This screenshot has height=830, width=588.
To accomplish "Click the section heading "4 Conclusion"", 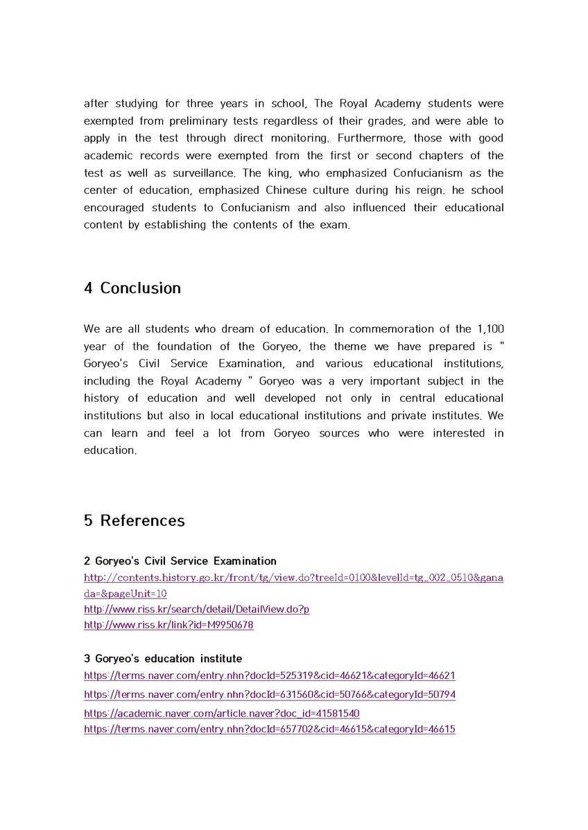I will click(x=132, y=288).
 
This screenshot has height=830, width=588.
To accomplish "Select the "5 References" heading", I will click(x=134, y=520).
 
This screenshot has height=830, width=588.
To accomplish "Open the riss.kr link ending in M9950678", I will click(x=168, y=625).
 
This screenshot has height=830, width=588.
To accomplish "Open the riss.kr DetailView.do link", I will click(x=196, y=610).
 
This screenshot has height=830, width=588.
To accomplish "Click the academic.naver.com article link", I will click(x=221, y=713).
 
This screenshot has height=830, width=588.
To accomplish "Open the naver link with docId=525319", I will click(x=270, y=676).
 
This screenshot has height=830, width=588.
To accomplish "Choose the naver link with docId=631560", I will click(x=270, y=694).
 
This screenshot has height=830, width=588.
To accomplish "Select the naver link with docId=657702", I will click(x=270, y=729).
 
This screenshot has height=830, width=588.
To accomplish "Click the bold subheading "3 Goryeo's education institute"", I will click(x=163, y=659).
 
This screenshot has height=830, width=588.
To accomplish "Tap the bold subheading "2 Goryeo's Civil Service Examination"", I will click(x=180, y=561).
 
